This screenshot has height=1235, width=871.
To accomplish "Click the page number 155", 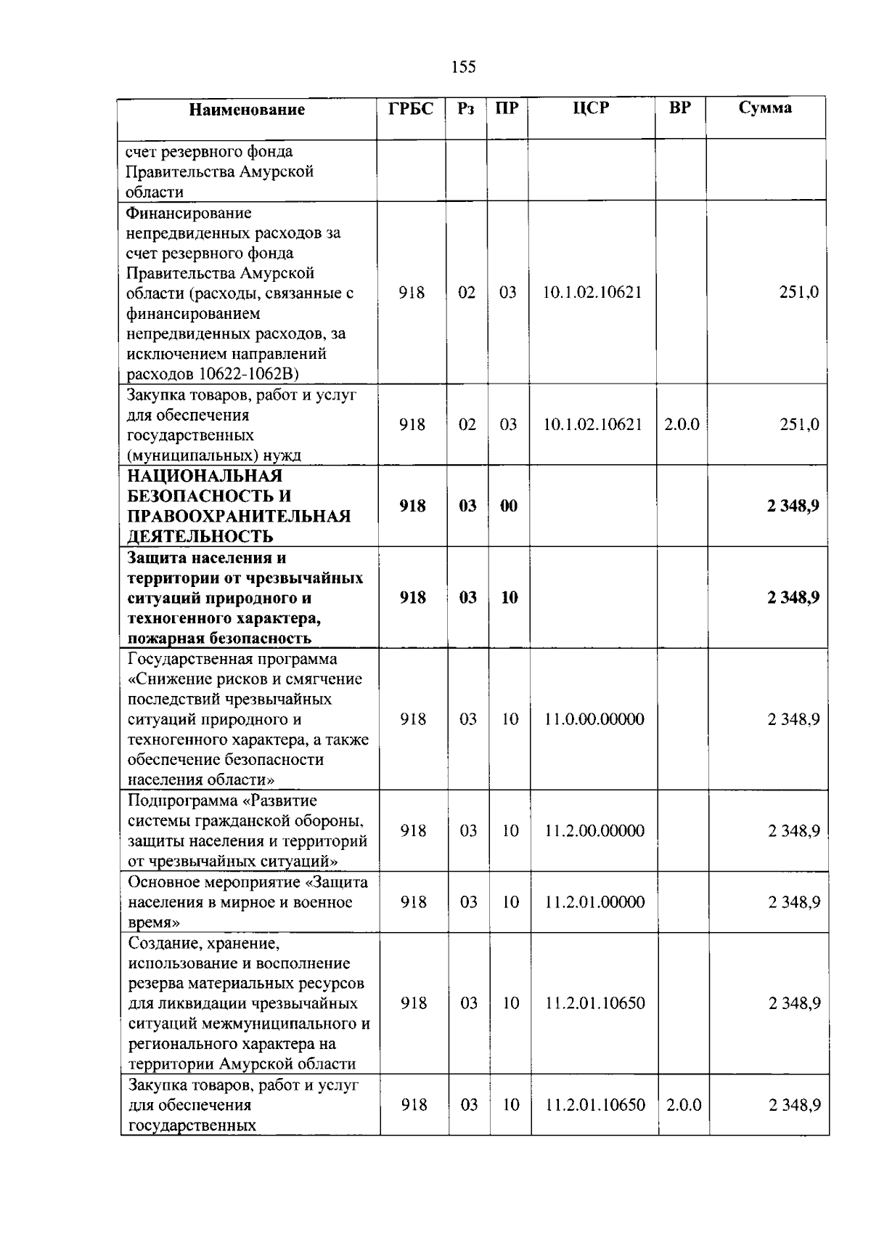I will coord(463,68).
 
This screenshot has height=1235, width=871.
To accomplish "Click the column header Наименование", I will coord(247,110).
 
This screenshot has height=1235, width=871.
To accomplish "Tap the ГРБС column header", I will coord(411,108).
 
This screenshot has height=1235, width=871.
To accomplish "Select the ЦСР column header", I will coord(591,108).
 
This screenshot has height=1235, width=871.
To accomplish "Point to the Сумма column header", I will coord(765,108).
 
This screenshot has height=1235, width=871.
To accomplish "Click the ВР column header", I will coord(680,108).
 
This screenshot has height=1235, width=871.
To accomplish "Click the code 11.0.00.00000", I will coord(594,719).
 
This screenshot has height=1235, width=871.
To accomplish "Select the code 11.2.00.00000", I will coord(594,831).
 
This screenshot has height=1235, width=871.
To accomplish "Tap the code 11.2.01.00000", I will coord(594,902).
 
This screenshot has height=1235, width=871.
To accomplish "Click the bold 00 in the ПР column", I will coord(509,506).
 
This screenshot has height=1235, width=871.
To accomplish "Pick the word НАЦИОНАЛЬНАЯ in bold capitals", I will coord(205,477).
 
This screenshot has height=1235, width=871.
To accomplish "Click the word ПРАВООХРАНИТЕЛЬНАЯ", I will coord(239,517).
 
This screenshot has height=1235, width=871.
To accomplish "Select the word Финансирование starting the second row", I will coord(189,214).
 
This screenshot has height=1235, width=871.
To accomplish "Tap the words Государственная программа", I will coord(232,659).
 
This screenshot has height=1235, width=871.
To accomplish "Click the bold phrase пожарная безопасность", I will coord(219,639).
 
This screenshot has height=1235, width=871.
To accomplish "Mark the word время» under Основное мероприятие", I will coord(154,923).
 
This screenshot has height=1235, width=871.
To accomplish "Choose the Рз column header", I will coord(466,108).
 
